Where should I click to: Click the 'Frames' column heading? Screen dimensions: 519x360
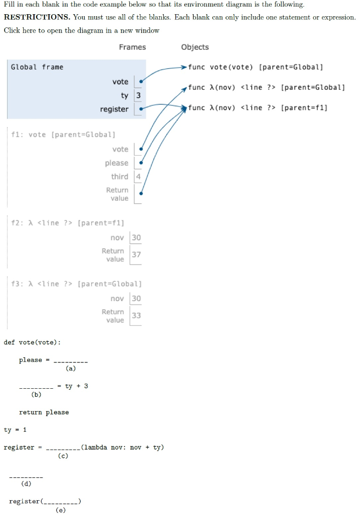pyautogui.click(x=132, y=47)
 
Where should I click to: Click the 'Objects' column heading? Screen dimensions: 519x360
pyautogui.click(x=195, y=47)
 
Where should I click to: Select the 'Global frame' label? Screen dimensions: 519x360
pyautogui.click(x=37, y=67)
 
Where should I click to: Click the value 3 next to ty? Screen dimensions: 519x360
pyautogui.click(x=138, y=96)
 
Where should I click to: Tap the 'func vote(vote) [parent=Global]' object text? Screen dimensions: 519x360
pyautogui.click(x=255, y=67)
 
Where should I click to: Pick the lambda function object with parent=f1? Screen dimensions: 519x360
pyautogui.click(x=258, y=107)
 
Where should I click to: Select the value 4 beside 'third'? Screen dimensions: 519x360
pyautogui.click(x=138, y=177)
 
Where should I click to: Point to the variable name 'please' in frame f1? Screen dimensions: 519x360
pyautogui.click(x=117, y=163)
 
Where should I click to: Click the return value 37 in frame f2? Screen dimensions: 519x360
pyautogui.click(x=136, y=254)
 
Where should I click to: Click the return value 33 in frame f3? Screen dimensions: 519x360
pyautogui.click(x=136, y=315)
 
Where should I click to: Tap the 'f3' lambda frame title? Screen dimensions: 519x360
pyautogui.click(x=76, y=284)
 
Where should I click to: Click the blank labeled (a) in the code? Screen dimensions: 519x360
pyautogui.click(x=70, y=361)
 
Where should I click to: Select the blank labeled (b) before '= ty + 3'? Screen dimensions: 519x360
pyautogui.click(x=36, y=388)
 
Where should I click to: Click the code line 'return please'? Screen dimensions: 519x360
pyautogui.click(x=44, y=413)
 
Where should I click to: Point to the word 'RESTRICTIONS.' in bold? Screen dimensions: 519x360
pyautogui.click(x=37, y=17)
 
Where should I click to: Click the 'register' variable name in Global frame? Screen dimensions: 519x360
pyautogui.click(x=114, y=109)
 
